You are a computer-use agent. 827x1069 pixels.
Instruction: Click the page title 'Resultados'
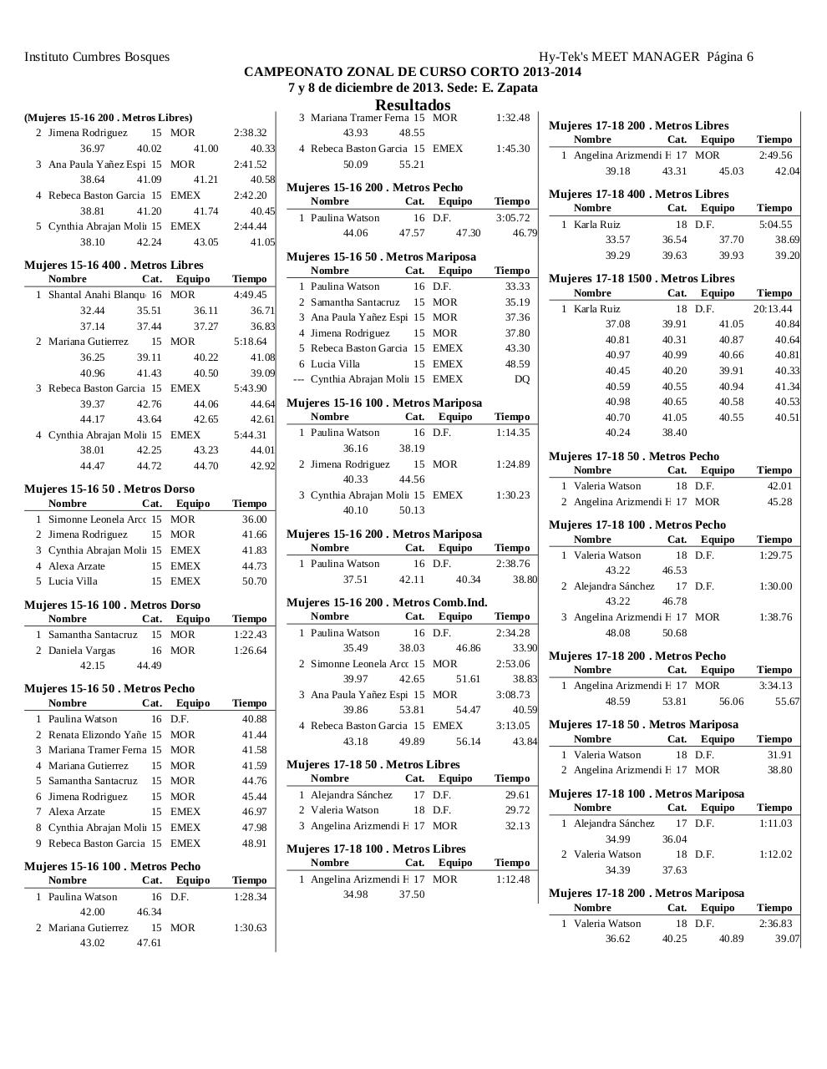[x=413, y=105]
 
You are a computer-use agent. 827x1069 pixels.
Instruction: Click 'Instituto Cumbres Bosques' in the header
[x=97, y=57]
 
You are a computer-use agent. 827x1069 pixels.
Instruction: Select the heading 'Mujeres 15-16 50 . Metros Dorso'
[x=109, y=489]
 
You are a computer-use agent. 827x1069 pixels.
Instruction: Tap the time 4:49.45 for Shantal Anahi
[x=250, y=295]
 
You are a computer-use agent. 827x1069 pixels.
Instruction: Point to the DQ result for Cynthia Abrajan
[x=521, y=379]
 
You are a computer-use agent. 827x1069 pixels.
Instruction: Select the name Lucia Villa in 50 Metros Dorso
[x=73, y=581]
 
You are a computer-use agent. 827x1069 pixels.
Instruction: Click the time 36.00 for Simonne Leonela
[x=254, y=519]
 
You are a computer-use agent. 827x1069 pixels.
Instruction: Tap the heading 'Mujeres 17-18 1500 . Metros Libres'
[x=641, y=278]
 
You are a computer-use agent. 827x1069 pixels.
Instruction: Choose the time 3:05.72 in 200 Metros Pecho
[x=512, y=218]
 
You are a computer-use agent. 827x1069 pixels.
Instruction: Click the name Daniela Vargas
[x=82, y=651]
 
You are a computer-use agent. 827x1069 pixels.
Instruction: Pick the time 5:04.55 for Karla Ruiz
[x=775, y=225]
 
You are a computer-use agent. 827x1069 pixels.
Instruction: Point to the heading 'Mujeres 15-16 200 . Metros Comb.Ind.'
[x=387, y=602]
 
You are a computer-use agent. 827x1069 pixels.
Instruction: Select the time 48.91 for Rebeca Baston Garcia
[x=254, y=844]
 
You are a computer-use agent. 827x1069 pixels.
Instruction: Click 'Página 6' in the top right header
[x=729, y=57]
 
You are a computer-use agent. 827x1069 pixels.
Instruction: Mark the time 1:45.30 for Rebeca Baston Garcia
[x=512, y=149]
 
